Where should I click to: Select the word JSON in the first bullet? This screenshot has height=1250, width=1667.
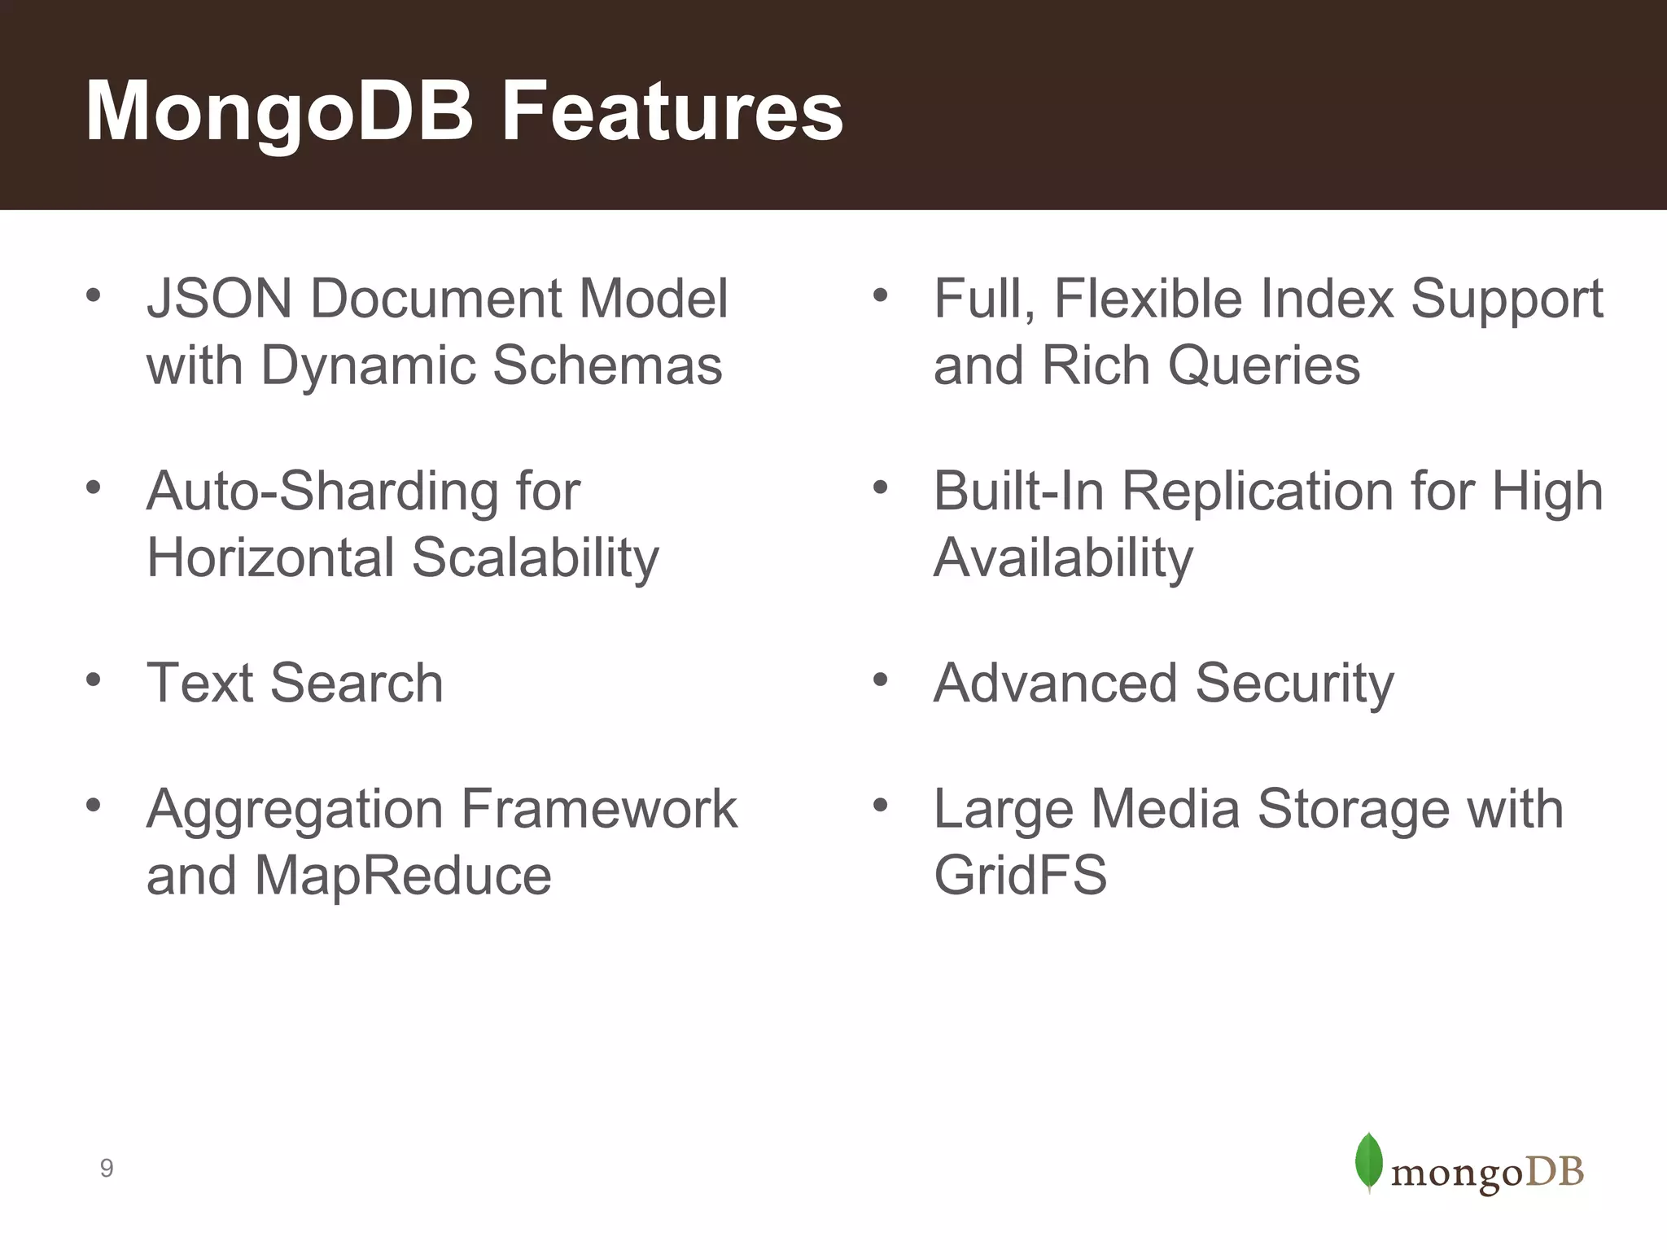pos(219,299)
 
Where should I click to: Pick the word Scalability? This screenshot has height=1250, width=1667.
pos(535,558)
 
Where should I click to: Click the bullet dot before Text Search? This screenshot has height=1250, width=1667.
pos(93,679)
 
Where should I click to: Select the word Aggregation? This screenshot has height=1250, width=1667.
pos(294,810)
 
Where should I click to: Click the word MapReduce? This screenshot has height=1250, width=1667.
pos(403,876)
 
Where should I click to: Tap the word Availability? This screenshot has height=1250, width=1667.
pos(1063,558)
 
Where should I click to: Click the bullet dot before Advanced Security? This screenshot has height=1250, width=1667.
pos(879,679)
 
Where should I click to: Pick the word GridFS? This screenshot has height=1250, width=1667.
pos(1020,876)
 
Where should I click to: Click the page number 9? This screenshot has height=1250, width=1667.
pos(107,1169)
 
